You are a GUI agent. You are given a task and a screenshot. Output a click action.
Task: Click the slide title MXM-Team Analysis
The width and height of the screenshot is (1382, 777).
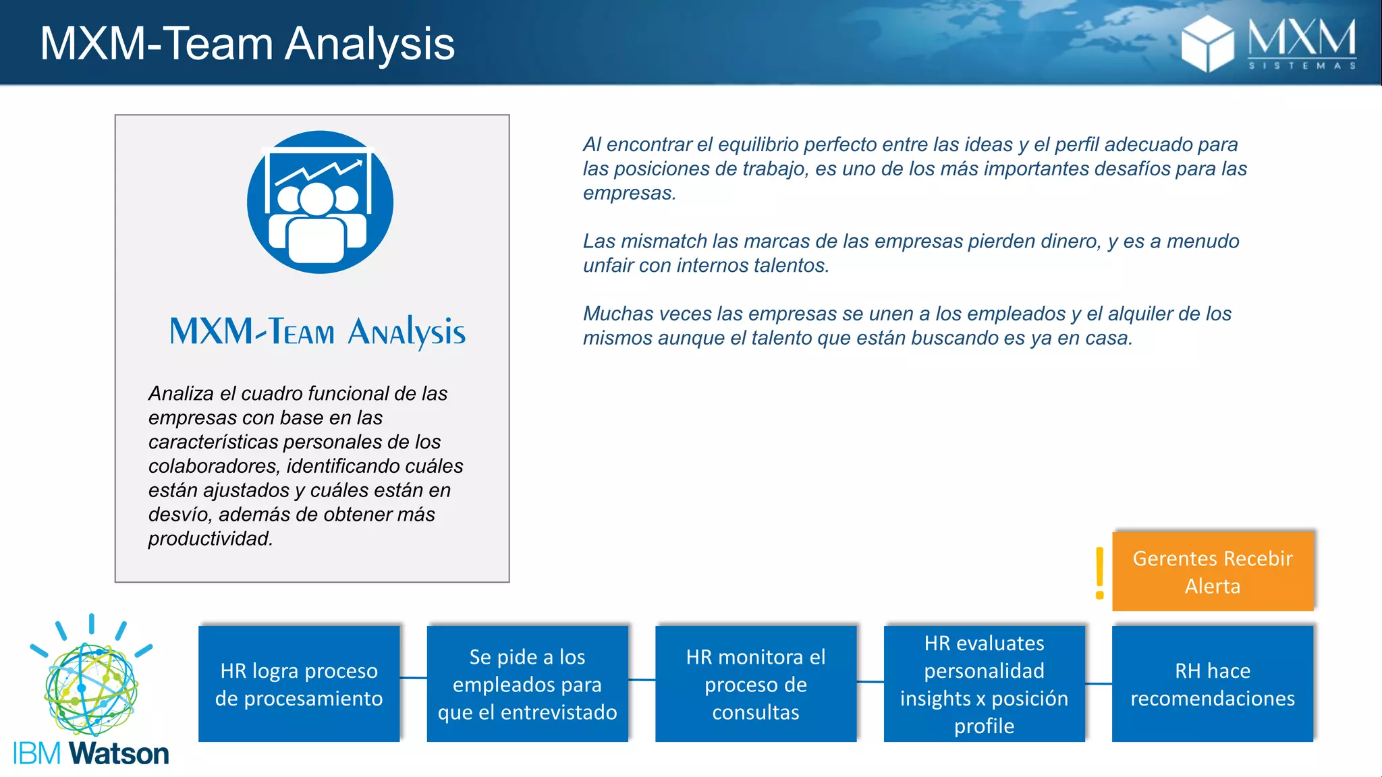(x=247, y=44)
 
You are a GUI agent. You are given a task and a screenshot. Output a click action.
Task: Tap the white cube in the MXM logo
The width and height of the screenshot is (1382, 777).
(x=1207, y=44)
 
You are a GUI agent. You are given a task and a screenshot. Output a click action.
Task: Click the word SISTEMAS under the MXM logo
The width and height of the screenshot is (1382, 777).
(x=1302, y=65)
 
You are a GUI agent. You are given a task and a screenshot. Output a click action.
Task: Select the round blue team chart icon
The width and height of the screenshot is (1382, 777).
(x=320, y=202)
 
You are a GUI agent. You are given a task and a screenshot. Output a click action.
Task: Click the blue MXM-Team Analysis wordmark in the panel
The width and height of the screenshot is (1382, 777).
(x=317, y=331)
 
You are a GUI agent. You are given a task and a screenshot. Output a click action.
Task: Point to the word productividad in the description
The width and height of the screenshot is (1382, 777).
(x=210, y=539)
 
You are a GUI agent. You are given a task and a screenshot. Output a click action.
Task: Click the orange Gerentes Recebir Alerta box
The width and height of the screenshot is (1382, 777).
(x=1213, y=571)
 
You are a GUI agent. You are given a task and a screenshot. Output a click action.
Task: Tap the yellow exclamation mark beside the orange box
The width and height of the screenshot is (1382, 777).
(x=1100, y=573)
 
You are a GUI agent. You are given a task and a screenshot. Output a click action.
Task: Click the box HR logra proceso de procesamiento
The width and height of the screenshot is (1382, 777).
(x=299, y=684)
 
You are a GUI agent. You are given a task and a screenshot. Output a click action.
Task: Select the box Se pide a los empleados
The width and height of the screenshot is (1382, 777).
(x=527, y=684)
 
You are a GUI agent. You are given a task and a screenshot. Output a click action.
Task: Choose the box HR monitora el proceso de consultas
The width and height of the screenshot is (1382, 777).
(x=756, y=684)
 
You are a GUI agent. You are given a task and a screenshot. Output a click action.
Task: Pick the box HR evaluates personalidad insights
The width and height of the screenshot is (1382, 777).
(x=984, y=684)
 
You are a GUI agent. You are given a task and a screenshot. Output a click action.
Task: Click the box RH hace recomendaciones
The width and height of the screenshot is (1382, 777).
(x=1213, y=684)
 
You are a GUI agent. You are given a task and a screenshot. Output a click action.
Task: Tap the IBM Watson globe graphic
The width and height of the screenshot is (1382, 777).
(x=91, y=688)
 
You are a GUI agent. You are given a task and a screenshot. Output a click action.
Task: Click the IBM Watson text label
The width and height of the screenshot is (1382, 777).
(x=91, y=754)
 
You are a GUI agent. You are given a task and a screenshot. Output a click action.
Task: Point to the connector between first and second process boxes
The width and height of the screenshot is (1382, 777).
(x=413, y=678)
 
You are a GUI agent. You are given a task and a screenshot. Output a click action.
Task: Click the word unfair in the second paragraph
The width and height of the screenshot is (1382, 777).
(x=608, y=266)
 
